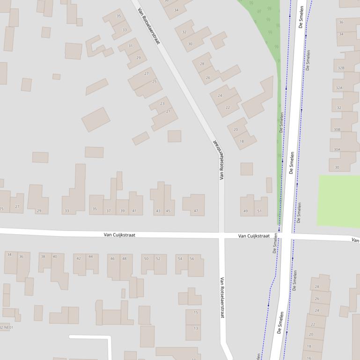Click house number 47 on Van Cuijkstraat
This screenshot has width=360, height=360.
(196, 211)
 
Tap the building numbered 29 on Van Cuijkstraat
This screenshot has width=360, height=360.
(39, 211)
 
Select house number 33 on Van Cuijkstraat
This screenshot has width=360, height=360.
(66, 211)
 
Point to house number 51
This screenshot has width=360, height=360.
(259, 211)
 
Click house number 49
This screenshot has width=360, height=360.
(245, 211)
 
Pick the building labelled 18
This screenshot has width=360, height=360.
(242, 141)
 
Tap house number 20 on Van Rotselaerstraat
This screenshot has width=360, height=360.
(235, 130)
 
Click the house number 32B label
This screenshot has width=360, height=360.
(340, 68)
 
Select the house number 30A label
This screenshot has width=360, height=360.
(337, 150)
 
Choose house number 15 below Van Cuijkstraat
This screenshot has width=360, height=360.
(196, 312)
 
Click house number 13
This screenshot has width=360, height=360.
(196, 328)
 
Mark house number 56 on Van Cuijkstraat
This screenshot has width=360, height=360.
(192, 259)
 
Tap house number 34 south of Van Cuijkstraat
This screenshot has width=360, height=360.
(9, 255)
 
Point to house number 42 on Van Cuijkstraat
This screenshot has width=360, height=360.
(78, 258)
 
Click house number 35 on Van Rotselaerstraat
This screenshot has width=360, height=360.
(118, 16)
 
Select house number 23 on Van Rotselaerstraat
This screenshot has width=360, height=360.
(162, 103)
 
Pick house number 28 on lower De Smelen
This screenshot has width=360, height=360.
(317, 287)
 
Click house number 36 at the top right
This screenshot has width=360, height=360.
(341, 22)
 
